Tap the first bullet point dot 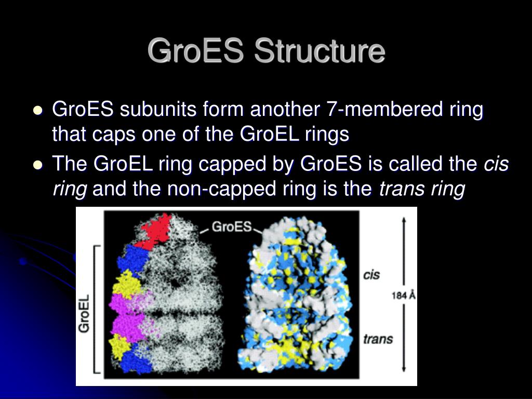(x=38, y=110)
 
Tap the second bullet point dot (x=38, y=165)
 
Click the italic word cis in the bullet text (x=496, y=164)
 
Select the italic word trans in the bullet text (x=401, y=189)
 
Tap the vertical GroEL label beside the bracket (x=84, y=313)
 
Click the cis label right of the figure (x=371, y=275)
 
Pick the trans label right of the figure (x=378, y=339)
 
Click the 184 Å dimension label (x=403, y=296)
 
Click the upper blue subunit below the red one (x=133, y=260)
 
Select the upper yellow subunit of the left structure (x=127, y=283)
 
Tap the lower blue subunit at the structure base (x=137, y=359)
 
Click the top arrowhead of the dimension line (x=403, y=220)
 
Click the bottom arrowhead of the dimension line (x=403, y=369)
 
